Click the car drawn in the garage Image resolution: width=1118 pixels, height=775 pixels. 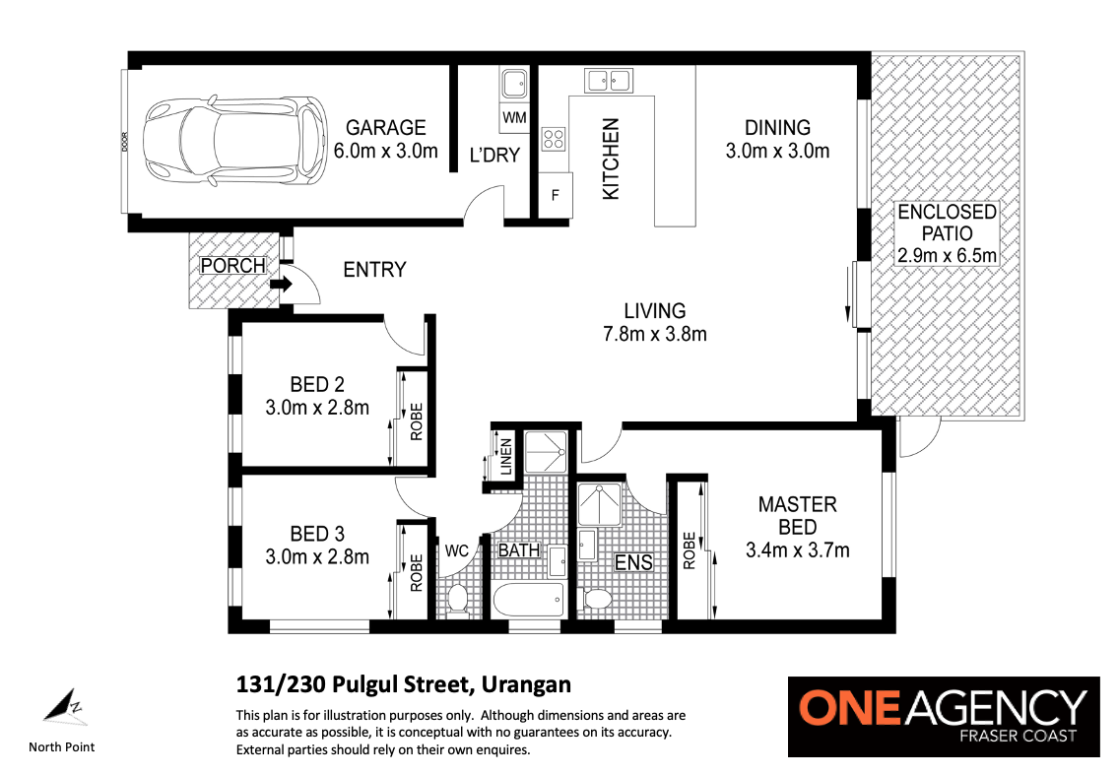pos(235,141)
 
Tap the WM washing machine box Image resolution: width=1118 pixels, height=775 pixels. pos(514,117)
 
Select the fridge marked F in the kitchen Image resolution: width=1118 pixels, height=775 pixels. pos(556,195)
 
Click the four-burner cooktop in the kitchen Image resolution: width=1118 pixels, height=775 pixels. pos(554,138)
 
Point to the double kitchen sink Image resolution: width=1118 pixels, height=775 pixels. pos(608,81)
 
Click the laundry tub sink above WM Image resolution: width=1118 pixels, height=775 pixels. pos(514,84)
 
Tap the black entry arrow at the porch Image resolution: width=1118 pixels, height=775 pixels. pos(282,285)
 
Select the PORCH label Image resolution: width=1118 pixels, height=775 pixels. pos(233,265)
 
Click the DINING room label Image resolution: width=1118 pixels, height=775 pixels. pos(777,128)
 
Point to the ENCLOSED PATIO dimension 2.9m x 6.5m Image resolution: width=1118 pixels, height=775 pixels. pos(947,255)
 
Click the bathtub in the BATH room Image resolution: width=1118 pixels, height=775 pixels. pos(529,601)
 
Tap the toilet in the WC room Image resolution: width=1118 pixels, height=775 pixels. pos(457,598)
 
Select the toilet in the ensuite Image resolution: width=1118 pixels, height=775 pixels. pos(597,599)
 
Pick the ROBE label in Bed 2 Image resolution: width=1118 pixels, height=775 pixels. pos(417,421)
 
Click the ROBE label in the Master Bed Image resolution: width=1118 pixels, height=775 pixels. pos(689,550)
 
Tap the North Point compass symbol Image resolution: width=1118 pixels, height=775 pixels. pos(65,707)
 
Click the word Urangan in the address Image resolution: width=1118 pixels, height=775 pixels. pos(526,684)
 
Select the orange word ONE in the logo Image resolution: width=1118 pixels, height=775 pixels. pos(854,707)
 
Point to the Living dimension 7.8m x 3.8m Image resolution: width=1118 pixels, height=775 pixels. pos(654,334)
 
